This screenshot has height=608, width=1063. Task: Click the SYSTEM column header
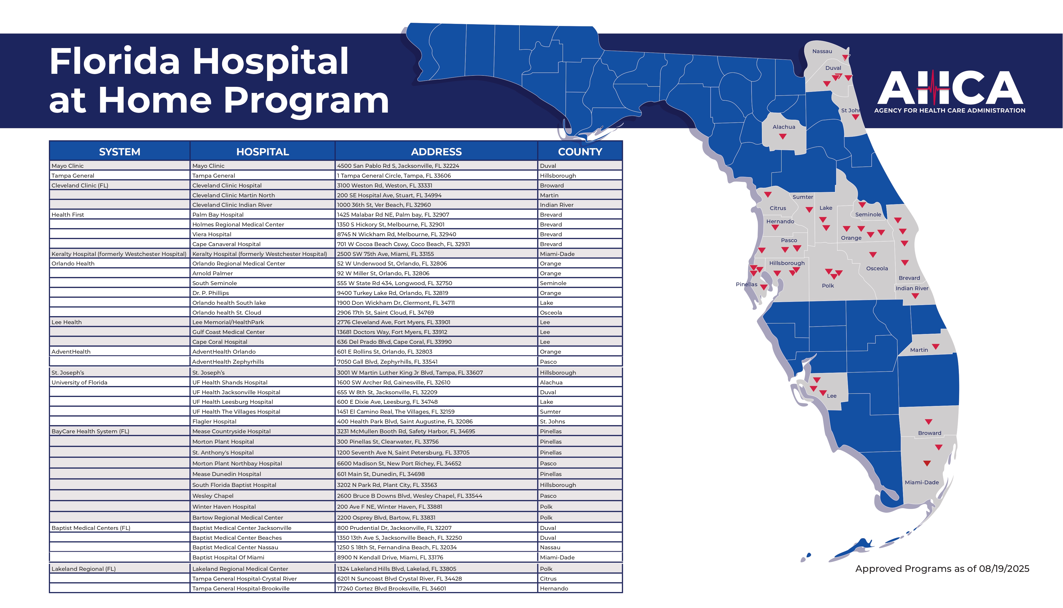[x=120, y=152]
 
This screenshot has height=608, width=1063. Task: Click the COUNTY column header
[x=580, y=152]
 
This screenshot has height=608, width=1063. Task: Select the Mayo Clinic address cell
[x=398, y=166]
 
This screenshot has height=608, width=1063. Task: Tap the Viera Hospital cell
[x=212, y=234]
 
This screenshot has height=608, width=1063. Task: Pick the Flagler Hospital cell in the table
[x=214, y=421]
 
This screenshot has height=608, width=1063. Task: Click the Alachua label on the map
[x=783, y=127]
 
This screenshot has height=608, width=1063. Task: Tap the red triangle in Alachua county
[x=783, y=136]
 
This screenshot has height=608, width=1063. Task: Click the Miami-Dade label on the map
[x=921, y=482]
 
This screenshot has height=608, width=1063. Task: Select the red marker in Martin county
[x=935, y=346]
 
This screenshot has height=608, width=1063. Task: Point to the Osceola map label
[x=877, y=268]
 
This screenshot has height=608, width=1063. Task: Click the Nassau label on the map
[x=822, y=51]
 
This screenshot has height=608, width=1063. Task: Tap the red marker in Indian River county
[x=915, y=296]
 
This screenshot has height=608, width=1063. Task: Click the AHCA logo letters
[x=949, y=88]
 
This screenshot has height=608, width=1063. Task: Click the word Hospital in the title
[x=270, y=62]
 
